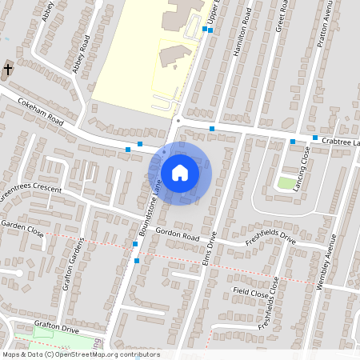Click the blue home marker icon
(x=180, y=172)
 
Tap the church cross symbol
(x=8, y=70)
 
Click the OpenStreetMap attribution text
(x=80, y=354)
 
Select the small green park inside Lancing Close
(x=286, y=183)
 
